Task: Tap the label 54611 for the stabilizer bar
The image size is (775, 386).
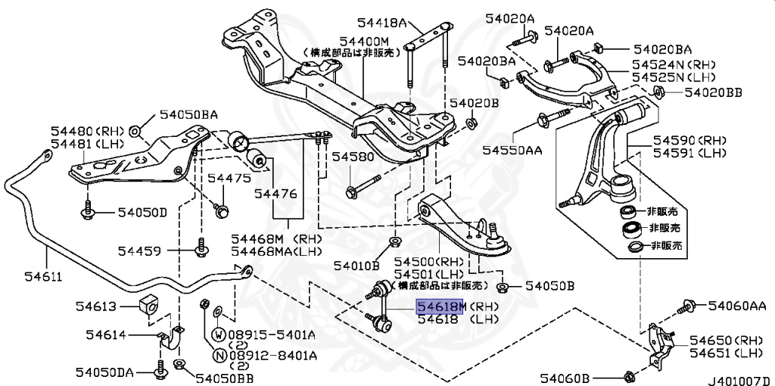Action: (24, 276)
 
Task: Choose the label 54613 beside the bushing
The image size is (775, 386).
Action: (95, 306)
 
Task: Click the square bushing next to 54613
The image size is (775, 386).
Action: (149, 304)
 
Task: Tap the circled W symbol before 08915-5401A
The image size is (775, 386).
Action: (218, 335)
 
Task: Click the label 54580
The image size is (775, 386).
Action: (353, 157)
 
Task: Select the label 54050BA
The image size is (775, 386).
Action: (188, 116)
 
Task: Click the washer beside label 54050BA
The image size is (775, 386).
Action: (135, 131)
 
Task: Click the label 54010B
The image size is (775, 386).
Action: (356, 266)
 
